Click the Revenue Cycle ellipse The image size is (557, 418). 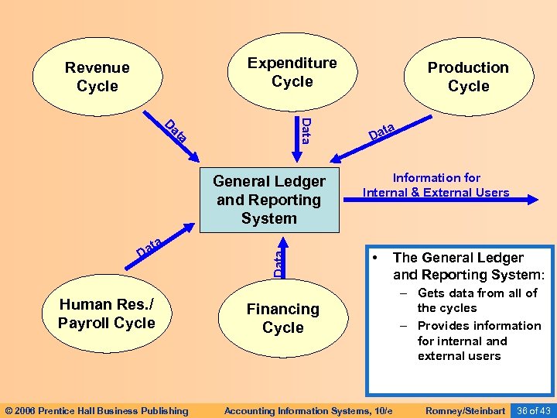(97, 77)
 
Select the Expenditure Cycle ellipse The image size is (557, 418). (292, 72)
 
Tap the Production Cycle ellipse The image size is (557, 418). (468, 77)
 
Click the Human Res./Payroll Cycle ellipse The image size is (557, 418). (106, 313)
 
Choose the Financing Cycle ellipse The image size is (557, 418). (282, 318)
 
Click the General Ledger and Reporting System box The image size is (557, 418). (269, 200)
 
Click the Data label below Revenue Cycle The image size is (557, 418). (176, 132)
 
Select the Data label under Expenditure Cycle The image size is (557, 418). (306, 131)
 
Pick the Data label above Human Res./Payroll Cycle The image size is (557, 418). (149, 248)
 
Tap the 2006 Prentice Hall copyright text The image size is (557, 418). (97, 410)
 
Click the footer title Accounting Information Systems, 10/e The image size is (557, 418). (308, 410)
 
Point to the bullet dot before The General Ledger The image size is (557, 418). (374, 257)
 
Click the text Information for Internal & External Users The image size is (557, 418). (436, 185)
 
